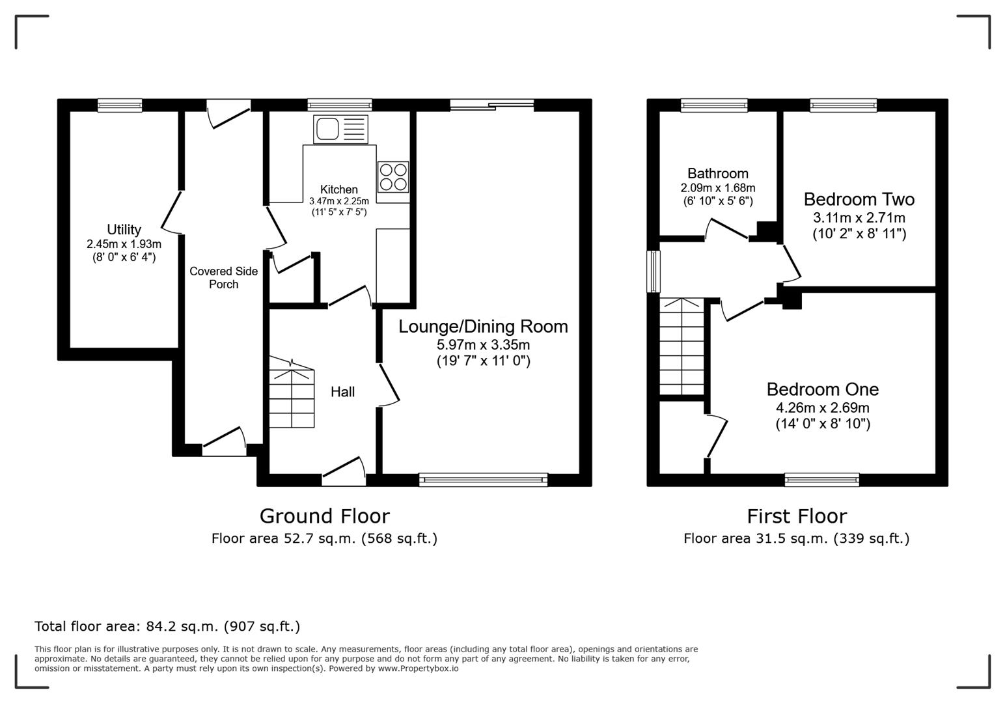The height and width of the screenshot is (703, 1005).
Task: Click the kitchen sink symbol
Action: [340, 129]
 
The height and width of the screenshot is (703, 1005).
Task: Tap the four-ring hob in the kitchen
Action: [393, 177]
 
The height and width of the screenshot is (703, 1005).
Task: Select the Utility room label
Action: [124, 230]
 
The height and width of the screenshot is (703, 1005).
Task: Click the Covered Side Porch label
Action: [223, 278]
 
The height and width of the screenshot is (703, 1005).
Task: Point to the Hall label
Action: [342, 392]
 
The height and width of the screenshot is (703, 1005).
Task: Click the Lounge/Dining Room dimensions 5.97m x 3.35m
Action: [483, 345]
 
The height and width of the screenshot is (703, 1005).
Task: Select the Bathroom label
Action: [717, 174]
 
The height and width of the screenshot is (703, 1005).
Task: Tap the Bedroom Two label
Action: [859, 199]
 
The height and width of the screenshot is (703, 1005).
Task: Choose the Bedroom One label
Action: [822, 389]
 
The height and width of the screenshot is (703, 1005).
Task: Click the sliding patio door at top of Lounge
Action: [491, 105]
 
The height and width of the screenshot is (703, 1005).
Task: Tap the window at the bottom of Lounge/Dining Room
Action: [483, 480]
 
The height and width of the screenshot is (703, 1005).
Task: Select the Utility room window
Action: [120, 105]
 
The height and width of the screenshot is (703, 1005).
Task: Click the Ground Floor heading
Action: [324, 516]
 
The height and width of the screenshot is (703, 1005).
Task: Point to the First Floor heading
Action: [796, 516]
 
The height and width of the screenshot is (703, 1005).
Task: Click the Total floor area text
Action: [167, 626]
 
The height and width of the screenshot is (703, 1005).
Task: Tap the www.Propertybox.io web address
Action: [418, 669]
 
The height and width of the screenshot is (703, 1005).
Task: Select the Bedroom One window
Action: [821, 480]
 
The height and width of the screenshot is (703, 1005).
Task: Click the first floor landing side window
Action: [653, 271]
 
